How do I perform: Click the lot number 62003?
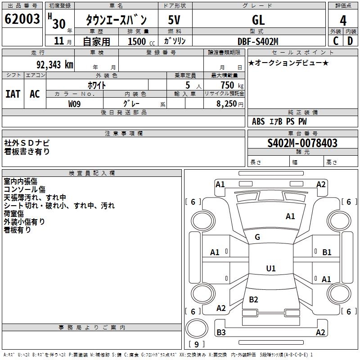(22, 19)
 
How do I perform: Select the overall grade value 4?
(343, 20)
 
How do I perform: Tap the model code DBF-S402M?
(258, 41)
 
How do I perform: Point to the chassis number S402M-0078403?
(302, 143)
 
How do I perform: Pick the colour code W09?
(75, 104)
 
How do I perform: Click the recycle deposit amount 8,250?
(227, 104)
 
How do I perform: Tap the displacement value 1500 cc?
(139, 41)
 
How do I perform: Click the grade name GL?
(258, 20)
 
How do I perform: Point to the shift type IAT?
(13, 94)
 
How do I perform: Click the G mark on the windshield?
(257, 237)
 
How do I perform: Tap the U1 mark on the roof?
(270, 269)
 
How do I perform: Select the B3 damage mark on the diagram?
(221, 333)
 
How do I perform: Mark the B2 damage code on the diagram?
(253, 300)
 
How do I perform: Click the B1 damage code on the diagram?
(327, 252)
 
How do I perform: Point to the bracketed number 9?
(196, 345)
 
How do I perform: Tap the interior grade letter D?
(350, 40)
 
